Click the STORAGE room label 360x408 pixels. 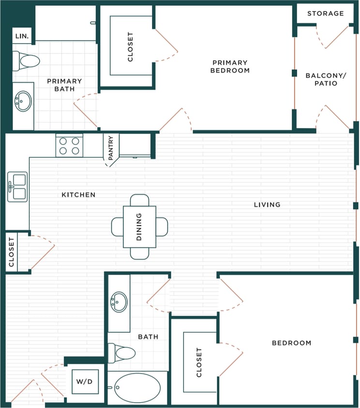coord(325,14)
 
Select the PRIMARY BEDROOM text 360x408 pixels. coord(230,66)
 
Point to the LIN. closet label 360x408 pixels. coord(22,36)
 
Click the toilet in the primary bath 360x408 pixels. coord(27,61)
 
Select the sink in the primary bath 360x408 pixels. coord(23,102)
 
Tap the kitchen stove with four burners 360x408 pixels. coord(69,146)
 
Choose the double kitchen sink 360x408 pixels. coord(17,187)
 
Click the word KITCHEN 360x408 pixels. coord(78,195)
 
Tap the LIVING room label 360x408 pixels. coord(267,204)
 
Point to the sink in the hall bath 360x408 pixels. coord(119,302)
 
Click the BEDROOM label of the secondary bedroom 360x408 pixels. coord(291,343)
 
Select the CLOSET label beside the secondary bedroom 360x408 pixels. coord(199,363)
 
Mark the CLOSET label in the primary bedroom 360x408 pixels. coord(130,46)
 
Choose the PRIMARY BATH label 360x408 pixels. coord(64,85)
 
